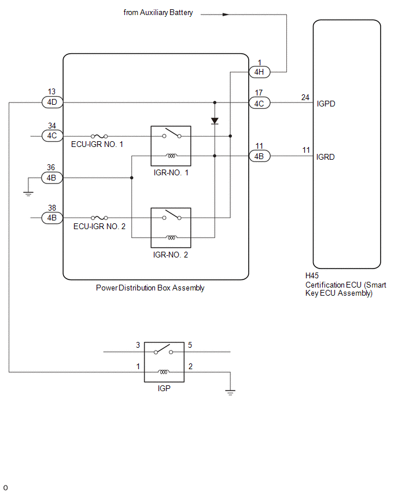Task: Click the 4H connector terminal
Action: pos(259,72)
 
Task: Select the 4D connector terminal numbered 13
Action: pos(52,102)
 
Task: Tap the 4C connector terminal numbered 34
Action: pos(52,136)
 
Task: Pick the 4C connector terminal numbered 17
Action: pos(259,103)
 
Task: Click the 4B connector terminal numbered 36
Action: pos(52,178)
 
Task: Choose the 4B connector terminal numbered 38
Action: pos(52,218)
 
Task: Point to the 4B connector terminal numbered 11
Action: pos(259,156)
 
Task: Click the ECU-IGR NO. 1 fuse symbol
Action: pos(99,136)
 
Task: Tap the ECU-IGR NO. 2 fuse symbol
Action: pos(99,218)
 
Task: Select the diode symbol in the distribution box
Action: pos(215,121)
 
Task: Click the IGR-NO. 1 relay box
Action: pos(171,146)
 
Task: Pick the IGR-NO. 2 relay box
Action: pos(171,227)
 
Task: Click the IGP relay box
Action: pos(164,362)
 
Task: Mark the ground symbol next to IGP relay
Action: pos(230,392)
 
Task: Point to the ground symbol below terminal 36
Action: pos(28,194)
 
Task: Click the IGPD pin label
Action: pos(326,104)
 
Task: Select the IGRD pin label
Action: pos(325,157)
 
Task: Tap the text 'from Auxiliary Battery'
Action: pos(158,13)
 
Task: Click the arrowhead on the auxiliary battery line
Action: pos(226,14)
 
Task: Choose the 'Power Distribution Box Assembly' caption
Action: pos(150,288)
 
